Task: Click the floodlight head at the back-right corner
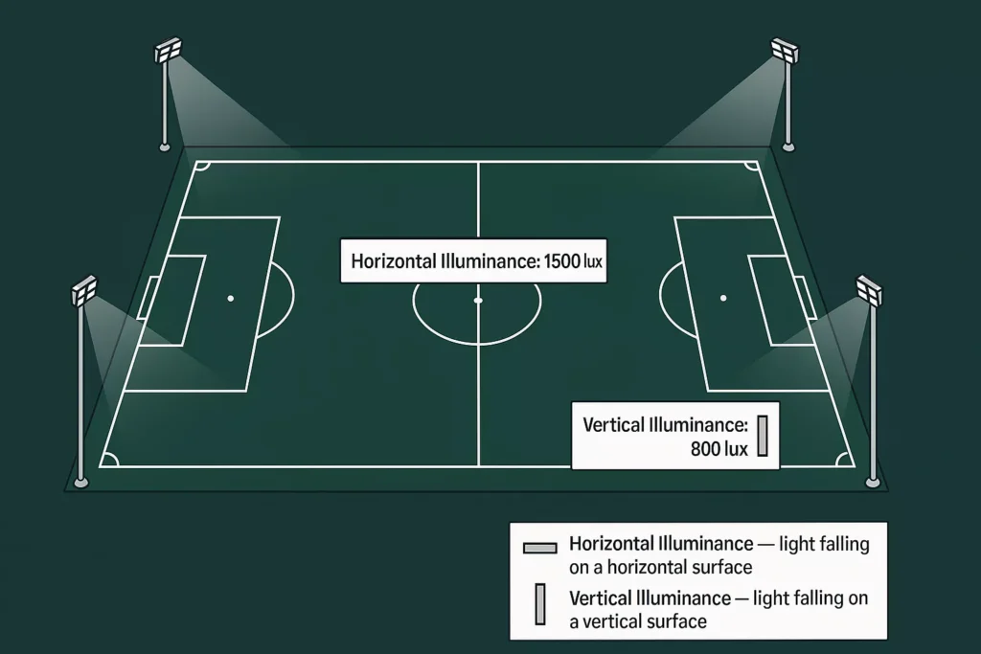click(785, 49)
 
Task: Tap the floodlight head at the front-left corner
click(84, 290)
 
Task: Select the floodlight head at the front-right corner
click(869, 290)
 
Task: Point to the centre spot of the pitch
click(478, 300)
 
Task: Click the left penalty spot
click(231, 299)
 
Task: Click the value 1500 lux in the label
click(573, 260)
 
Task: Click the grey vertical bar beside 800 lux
click(764, 436)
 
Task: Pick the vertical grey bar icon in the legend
click(540, 605)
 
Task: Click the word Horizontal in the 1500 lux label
click(392, 260)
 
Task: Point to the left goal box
click(172, 299)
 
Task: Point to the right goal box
click(782, 299)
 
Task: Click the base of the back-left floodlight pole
click(165, 147)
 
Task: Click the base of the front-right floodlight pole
click(873, 481)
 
